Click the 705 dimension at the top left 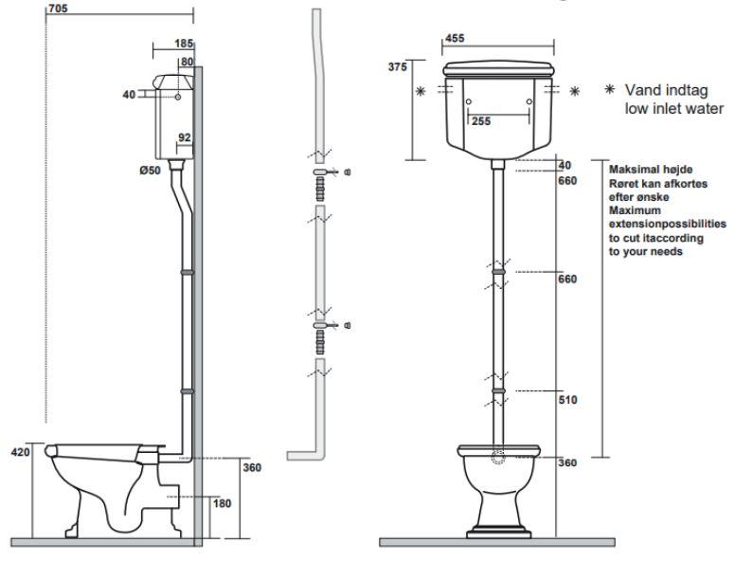pyautogui.click(x=58, y=8)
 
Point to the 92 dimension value pyautogui.click(x=186, y=137)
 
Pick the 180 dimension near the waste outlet pyautogui.click(x=221, y=503)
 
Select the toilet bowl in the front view pyautogui.click(x=498, y=483)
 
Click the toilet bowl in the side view pyautogui.click(x=95, y=483)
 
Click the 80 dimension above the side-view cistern pyautogui.click(x=188, y=62)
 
